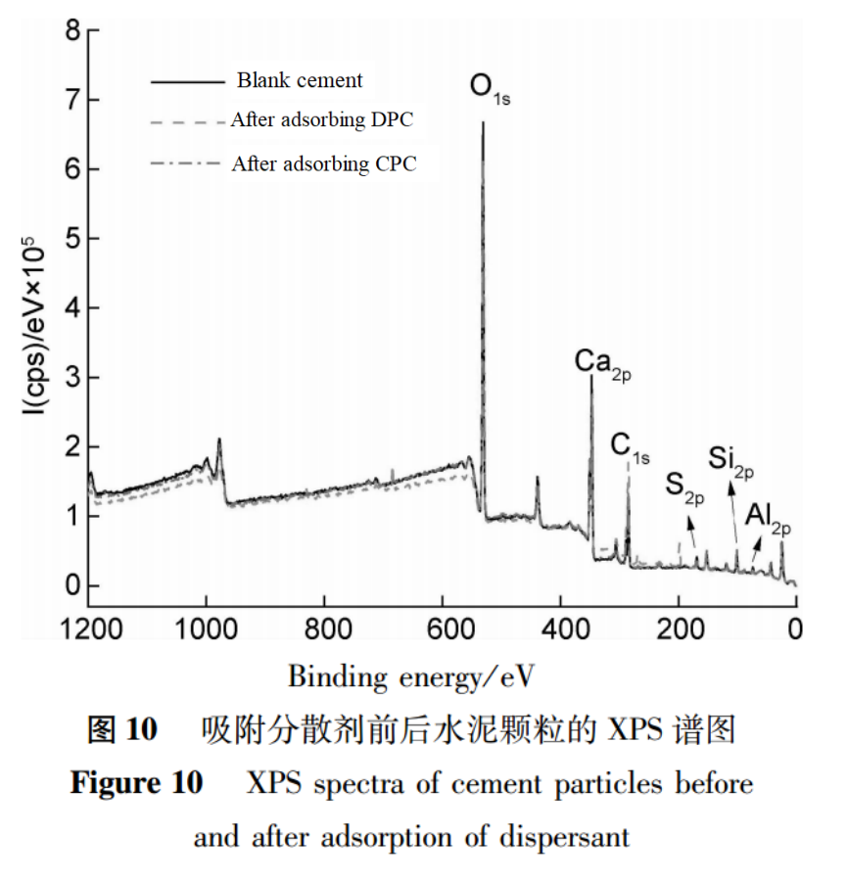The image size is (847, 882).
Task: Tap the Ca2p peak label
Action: pos(602,363)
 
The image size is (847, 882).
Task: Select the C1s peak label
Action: pos(630,447)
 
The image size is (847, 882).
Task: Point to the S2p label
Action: pos(684,486)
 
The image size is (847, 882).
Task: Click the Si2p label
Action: pos(731,461)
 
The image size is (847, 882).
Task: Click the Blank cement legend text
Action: pos(300,80)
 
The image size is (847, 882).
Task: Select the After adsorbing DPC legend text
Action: pos(322,120)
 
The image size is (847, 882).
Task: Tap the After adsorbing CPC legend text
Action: pos(324,163)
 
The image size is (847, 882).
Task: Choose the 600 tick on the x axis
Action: pos(443,627)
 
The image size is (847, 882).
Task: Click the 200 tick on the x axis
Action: pos(679,627)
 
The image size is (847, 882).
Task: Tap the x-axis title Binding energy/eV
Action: pos(412,675)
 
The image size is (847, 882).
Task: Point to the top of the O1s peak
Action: pos(483,123)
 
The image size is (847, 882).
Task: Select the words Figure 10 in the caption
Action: pos(137,784)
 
